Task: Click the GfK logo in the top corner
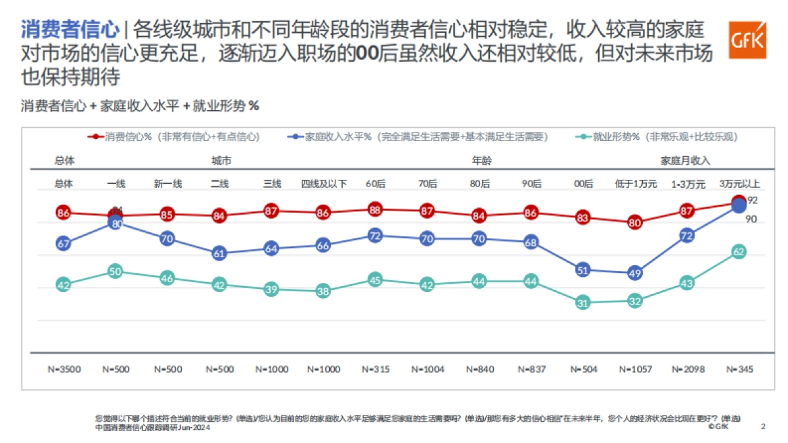[x=747, y=40]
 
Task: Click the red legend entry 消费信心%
[x=174, y=137]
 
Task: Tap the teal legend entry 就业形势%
[x=656, y=137]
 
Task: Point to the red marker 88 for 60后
[x=375, y=209]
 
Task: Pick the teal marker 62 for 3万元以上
[x=738, y=251]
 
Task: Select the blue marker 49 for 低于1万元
[x=634, y=273]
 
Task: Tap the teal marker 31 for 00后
[x=582, y=303]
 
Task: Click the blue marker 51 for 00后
[x=582, y=269]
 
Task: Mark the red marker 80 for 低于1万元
[x=634, y=222]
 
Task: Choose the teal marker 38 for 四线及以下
[x=322, y=291]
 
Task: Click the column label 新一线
[x=167, y=184]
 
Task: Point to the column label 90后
[x=531, y=184]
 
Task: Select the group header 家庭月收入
[x=685, y=160]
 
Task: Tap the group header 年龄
[x=481, y=160]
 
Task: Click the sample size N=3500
[x=64, y=369]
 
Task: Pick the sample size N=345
[x=739, y=369]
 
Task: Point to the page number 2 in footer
[x=763, y=426]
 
